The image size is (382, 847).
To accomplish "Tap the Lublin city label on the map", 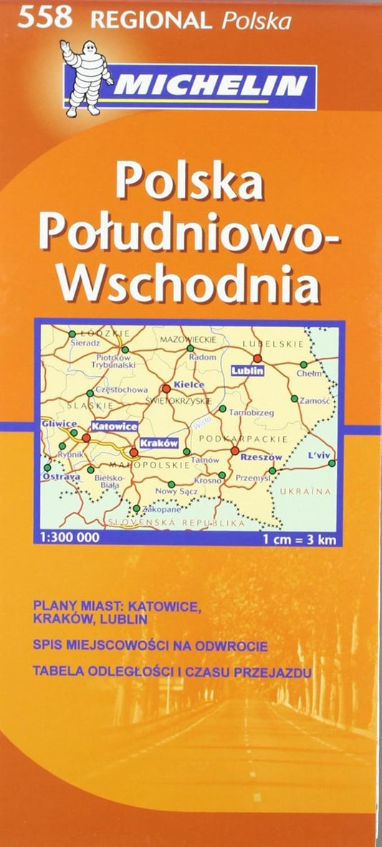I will [x=248, y=371].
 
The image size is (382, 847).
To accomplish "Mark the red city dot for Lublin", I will [x=257, y=358].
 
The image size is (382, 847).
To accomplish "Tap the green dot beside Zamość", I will [x=294, y=399].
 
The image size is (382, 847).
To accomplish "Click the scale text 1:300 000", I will [x=67, y=537].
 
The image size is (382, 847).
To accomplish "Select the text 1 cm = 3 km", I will [x=299, y=538].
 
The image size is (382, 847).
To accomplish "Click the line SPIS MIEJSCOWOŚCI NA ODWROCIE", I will [x=151, y=646].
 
